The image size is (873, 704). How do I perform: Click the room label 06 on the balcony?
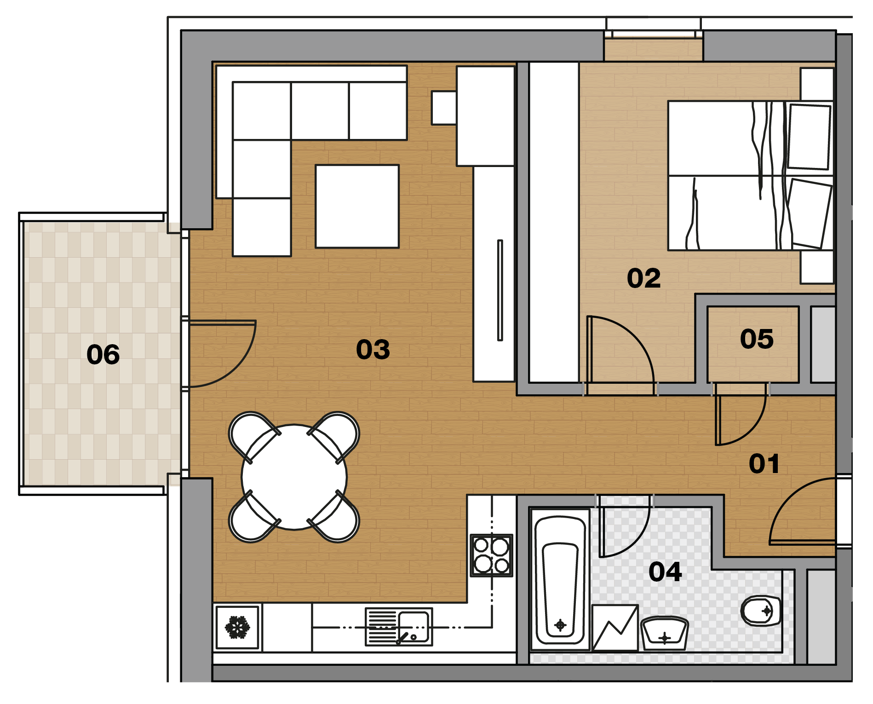[103, 355]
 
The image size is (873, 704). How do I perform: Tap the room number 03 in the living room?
[373, 349]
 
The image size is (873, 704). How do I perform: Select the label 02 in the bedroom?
[643, 278]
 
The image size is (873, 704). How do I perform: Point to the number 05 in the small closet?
[757, 339]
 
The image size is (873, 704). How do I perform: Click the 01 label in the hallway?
[764, 463]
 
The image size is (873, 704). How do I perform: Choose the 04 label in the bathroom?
[665, 571]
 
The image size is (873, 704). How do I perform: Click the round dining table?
[294, 477]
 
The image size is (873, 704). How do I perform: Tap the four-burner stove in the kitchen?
[492, 555]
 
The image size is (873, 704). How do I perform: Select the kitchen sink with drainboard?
[399, 627]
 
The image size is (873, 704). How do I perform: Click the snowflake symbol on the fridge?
[237, 627]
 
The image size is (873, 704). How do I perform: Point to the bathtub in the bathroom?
[560, 580]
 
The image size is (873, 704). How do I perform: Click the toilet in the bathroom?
[761, 611]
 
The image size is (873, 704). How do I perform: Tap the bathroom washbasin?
[665, 634]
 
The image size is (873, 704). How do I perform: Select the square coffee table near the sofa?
[357, 206]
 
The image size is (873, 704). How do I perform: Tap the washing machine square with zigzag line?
[615, 628]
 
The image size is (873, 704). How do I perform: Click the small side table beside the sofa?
[444, 108]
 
